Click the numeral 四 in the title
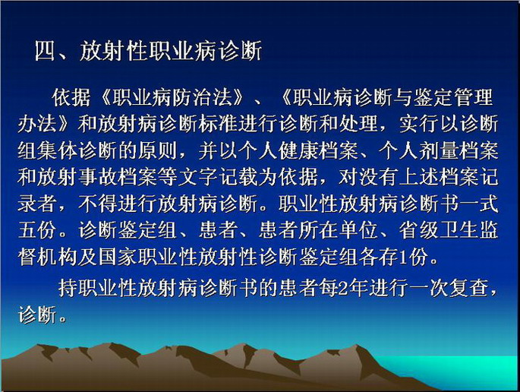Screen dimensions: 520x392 click(45, 51)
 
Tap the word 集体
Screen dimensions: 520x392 click(58, 150)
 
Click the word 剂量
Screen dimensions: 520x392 click(440, 150)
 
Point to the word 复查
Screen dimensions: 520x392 click(470, 288)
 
